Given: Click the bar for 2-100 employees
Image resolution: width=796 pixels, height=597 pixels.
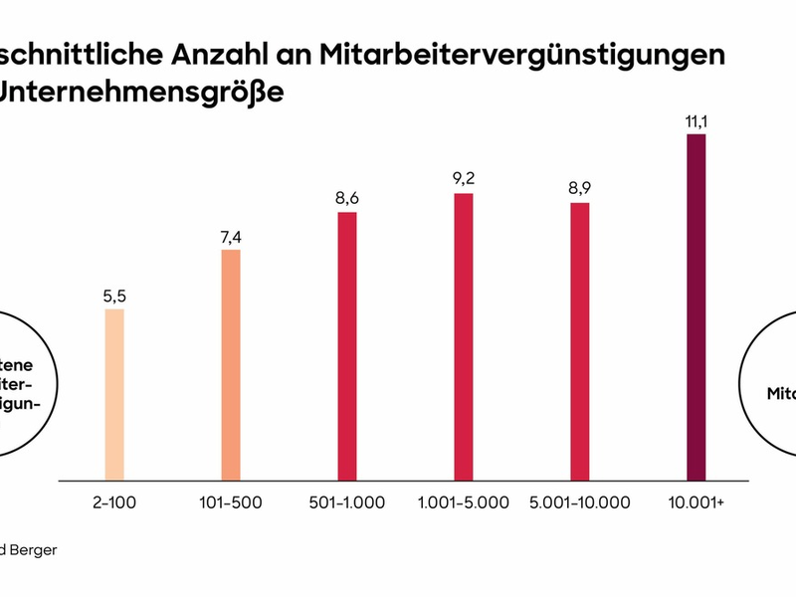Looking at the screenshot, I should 114,395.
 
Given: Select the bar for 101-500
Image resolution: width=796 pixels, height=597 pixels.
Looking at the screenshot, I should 231,365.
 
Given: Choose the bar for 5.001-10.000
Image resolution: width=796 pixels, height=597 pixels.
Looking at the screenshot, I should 579,341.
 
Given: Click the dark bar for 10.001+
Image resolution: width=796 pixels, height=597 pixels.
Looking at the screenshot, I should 696,307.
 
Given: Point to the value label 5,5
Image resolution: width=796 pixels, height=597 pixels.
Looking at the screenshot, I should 114,296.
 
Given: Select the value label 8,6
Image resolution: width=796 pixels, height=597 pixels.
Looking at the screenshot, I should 346,198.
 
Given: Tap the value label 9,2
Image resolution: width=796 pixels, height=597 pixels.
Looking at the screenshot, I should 463,179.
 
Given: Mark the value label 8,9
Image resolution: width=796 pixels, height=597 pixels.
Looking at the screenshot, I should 579,188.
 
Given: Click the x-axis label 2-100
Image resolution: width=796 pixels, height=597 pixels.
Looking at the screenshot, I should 114,502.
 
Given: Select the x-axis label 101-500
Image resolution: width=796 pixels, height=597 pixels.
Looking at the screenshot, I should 231,502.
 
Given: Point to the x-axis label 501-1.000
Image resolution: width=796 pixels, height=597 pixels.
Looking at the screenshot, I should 346,502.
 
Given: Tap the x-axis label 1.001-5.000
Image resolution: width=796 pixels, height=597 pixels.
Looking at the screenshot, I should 463,502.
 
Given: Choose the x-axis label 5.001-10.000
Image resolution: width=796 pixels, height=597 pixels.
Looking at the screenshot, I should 580,502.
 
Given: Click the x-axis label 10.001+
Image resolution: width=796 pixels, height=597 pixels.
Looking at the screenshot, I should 696,502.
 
